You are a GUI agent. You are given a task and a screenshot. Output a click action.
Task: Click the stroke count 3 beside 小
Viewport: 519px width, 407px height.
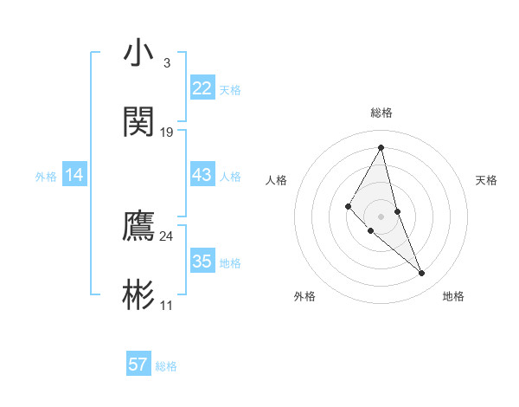tap(166, 63)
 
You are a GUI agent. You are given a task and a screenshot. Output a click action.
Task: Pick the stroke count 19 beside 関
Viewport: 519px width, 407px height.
tap(167, 132)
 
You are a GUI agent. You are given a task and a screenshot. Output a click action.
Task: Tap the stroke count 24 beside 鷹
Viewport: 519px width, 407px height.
tap(167, 236)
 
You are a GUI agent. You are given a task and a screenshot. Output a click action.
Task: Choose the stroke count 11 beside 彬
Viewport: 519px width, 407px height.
tap(167, 305)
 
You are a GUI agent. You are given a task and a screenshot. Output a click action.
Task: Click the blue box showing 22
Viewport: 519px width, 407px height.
tap(202, 87)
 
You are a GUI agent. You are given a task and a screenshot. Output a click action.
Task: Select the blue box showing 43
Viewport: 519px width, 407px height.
tap(202, 175)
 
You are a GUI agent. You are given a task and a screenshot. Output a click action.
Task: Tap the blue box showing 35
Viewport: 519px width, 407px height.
tap(202, 262)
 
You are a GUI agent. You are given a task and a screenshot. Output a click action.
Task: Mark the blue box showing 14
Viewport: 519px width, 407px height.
tap(74, 175)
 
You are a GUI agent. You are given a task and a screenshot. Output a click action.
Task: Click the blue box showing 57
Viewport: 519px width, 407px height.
tap(138, 365)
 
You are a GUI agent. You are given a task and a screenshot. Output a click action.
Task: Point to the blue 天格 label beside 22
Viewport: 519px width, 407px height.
tap(230, 89)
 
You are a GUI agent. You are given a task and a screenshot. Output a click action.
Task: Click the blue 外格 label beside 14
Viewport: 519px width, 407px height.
tap(46, 177)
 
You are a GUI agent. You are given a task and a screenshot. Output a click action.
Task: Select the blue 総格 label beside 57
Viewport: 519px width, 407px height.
tap(166, 366)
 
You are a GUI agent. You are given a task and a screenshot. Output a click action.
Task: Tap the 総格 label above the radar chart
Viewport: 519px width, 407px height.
tap(381, 113)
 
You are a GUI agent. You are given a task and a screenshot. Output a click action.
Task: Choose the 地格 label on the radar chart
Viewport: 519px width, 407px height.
tap(453, 296)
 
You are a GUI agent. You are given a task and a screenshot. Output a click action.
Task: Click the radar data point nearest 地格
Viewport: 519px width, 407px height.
tap(422, 274)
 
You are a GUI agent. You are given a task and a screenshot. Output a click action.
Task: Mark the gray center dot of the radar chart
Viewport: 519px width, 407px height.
tap(381, 216)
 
